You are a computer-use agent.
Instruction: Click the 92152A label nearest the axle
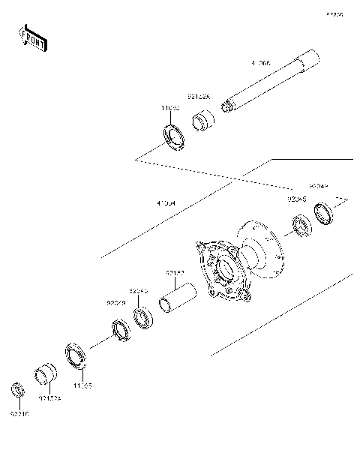tap(200, 97)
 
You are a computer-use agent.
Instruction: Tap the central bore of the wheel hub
tap(222, 270)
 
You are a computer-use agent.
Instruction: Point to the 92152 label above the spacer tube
tap(175, 273)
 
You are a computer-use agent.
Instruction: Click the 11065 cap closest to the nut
tap(77, 354)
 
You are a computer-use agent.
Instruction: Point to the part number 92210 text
tap(20, 412)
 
